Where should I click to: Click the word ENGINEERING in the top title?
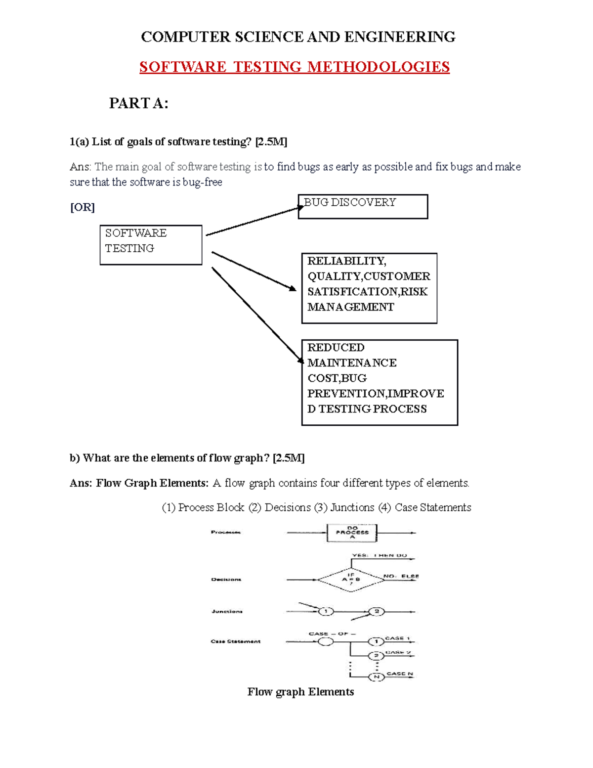400,37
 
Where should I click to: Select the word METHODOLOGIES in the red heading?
379,67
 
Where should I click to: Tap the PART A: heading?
138,103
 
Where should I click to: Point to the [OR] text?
82,207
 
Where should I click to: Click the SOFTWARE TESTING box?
151,245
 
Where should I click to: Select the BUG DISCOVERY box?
363,206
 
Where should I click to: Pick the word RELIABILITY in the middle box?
346,261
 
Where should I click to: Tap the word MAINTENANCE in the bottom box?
352,363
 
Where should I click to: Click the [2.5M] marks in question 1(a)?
271,142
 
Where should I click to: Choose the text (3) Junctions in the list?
344,507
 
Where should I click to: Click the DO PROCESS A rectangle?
352,533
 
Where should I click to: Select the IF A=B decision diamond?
351,579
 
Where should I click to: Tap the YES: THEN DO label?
379,555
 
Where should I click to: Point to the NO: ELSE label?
401,576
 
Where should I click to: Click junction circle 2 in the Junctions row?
377,612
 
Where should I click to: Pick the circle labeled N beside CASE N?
376,677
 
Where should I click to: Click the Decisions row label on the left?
226,579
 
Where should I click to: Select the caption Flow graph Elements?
300,692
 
